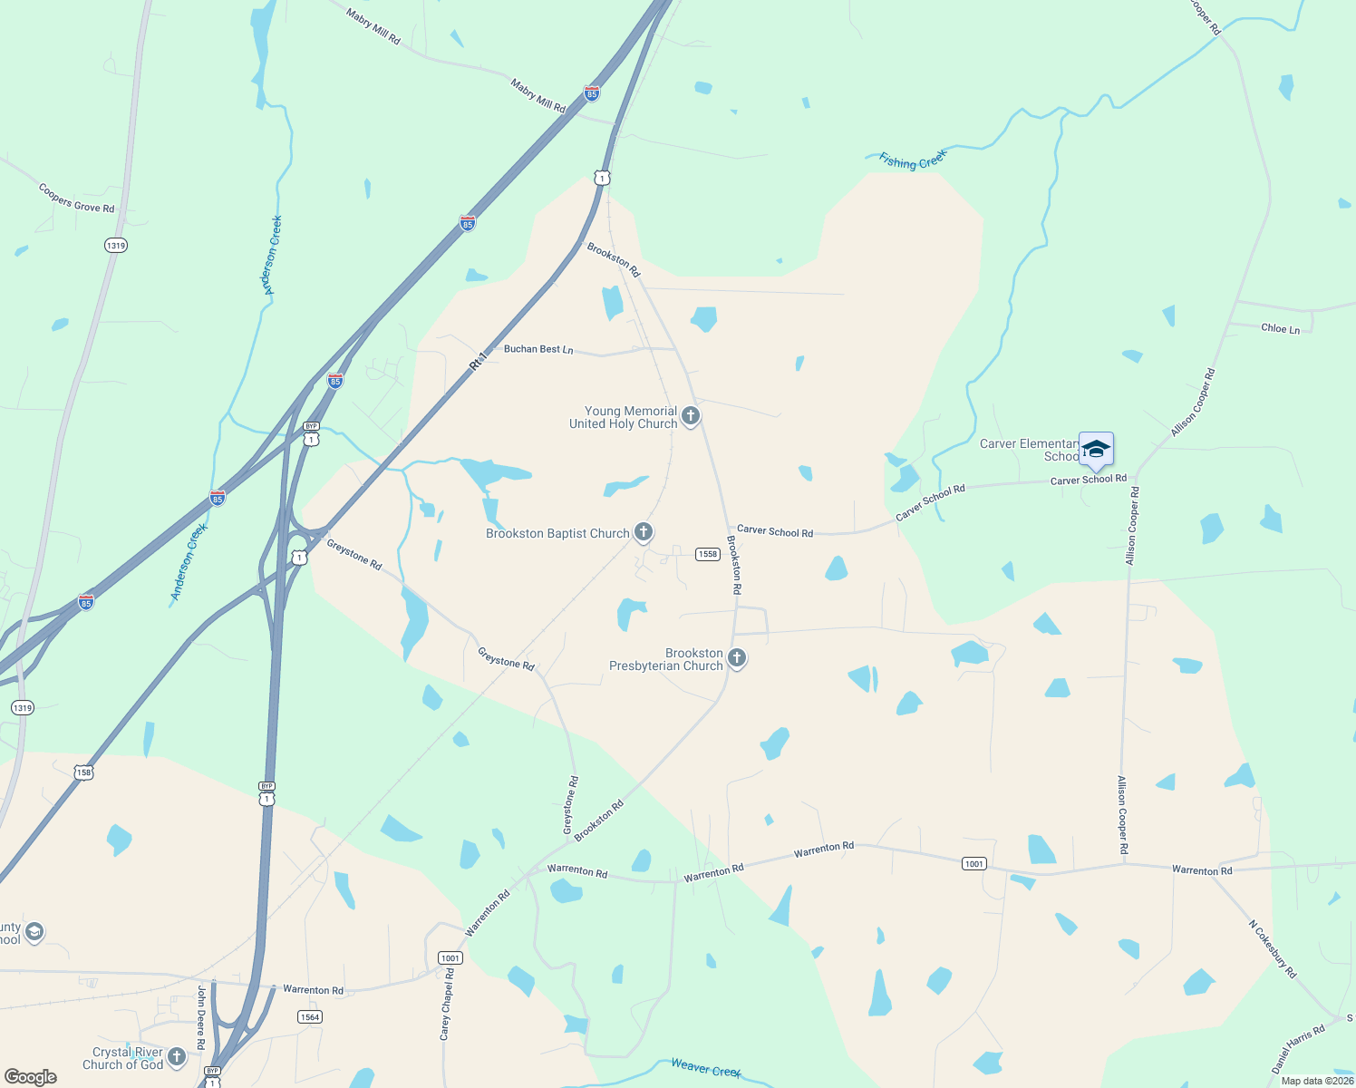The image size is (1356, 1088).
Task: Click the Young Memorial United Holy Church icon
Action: coord(691,416)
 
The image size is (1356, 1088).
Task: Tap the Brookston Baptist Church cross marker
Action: coord(644,532)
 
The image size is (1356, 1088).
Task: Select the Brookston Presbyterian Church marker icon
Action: coord(737,658)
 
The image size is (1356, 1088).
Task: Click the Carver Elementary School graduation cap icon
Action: coord(1096,450)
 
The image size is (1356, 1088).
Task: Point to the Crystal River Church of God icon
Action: coord(177,1056)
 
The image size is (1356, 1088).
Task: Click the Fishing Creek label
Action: coord(913,160)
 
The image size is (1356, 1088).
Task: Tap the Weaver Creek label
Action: coord(706,1068)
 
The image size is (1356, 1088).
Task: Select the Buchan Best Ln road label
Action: coord(538,349)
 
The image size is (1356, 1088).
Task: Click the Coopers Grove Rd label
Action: coord(76,199)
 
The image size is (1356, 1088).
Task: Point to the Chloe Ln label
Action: coord(1280,328)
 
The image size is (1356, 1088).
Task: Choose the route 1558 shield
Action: coord(708,554)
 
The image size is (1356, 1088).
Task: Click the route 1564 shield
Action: coord(310,1017)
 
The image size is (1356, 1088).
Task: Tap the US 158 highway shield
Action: coord(83,772)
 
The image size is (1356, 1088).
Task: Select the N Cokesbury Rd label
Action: coord(1273,949)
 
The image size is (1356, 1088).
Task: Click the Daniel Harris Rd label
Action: coord(1298,1049)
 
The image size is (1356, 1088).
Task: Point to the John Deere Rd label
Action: coord(201,1017)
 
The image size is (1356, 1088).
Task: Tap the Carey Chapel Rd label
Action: coord(446,1004)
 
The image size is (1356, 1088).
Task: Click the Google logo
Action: coord(31,1077)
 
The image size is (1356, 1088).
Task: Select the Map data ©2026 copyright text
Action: coord(1317,1081)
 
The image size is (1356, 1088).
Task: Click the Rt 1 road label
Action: coord(479,360)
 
